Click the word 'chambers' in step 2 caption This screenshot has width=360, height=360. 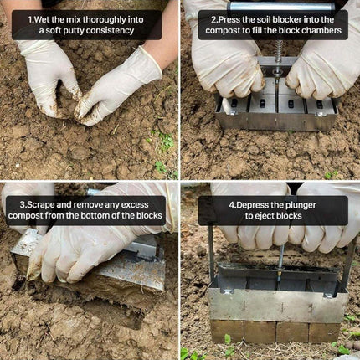(x=322, y=31)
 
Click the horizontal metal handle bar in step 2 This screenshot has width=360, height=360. (x=276, y=7)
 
